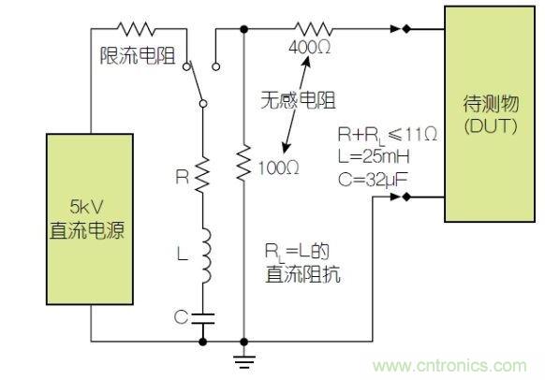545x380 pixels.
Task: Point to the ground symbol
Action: (x=244, y=357)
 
